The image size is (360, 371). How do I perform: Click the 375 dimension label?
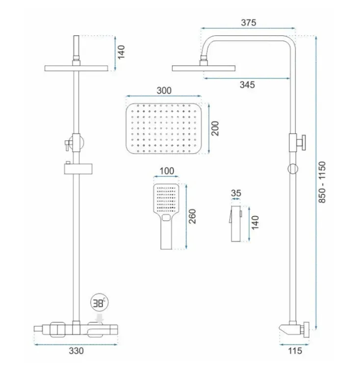[x=248, y=23]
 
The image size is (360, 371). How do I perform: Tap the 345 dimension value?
[x=247, y=85]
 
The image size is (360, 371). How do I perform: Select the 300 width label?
[x=164, y=90]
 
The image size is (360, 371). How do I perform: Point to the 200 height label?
[x=215, y=129]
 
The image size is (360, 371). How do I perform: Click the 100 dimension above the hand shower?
[x=167, y=171]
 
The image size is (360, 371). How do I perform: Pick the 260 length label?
[x=192, y=216]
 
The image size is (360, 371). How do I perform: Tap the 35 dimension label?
[x=236, y=193]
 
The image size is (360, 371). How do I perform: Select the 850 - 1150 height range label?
[x=322, y=182]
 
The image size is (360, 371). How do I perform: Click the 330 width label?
[x=76, y=351]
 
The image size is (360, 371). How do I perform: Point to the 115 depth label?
[x=295, y=351]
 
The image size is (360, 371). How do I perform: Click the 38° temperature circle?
[x=100, y=303]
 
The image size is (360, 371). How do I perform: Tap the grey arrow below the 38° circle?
[x=100, y=318]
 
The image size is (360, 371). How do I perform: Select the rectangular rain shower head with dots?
[x=164, y=128]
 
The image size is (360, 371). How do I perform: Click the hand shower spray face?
[x=166, y=199]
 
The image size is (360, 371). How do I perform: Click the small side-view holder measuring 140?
[x=236, y=224]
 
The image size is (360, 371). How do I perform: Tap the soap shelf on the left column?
[x=78, y=169]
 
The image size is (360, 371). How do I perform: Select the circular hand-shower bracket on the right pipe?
[x=293, y=169]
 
